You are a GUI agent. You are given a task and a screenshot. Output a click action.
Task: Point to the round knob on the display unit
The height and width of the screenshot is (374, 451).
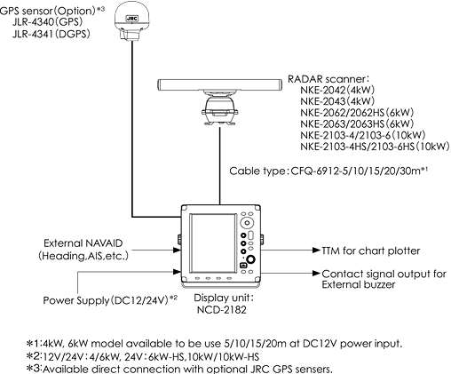tap(250, 262)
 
